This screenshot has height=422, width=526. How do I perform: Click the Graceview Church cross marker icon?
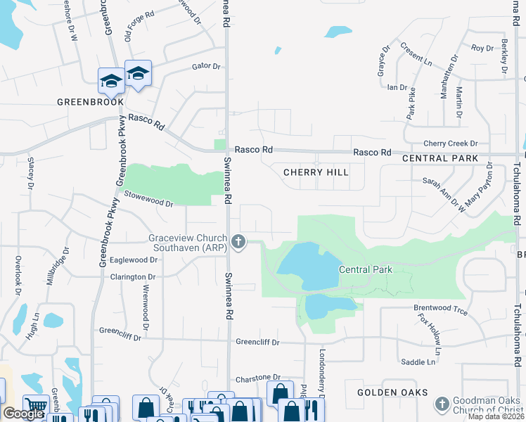[x=238, y=243]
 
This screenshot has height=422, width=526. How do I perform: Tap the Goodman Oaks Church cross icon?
[x=442, y=404]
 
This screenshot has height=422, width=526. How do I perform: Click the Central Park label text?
[x=365, y=269]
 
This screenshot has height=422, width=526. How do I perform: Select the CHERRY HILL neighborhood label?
[x=316, y=172]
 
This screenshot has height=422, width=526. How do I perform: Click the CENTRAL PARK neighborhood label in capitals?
[x=440, y=160]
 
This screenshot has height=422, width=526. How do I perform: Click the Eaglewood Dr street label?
[x=134, y=260]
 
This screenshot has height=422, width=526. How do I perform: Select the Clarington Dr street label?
[x=132, y=277]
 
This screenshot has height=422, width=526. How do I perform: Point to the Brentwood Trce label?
[x=440, y=309]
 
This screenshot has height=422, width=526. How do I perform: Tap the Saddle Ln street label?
[x=418, y=362]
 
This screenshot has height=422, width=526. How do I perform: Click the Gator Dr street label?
[x=206, y=67]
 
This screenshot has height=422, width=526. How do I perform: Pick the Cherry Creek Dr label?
[x=451, y=143]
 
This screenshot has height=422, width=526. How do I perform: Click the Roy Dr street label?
[x=482, y=49]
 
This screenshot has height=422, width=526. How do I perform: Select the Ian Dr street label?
[x=397, y=87]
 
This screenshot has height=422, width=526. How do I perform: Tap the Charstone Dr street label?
[x=258, y=378]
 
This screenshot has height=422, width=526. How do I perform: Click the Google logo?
[x=23, y=414]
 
